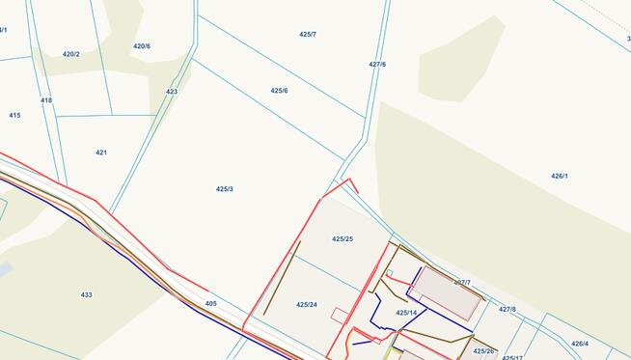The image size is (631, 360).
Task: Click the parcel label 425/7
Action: click(308, 34)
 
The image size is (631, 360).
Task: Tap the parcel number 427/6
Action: click(377, 65)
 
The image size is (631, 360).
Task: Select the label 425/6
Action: click(279, 91)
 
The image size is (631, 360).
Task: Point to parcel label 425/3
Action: click(225, 189)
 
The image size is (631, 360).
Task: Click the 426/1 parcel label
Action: click(560, 177)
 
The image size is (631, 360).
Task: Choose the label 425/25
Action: click(343, 238)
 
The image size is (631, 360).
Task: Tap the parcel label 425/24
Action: click(307, 304)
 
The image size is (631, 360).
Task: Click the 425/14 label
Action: click(406, 313)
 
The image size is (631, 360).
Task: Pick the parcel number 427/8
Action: click(508, 310)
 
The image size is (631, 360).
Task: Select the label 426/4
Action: click(579, 344)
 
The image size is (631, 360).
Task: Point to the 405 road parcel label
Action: click(211, 304)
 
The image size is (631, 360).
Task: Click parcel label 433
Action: click(87, 294)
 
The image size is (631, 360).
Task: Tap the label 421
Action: click(101, 152)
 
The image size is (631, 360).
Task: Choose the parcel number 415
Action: click(14, 115)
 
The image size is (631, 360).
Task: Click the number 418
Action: click(46, 100)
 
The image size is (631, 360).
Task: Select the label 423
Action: click(172, 92)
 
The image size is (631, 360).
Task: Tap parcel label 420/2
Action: click(71, 54)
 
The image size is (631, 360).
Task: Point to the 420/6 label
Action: click(142, 46)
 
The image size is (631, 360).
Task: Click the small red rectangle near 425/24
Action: click(339, 314)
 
